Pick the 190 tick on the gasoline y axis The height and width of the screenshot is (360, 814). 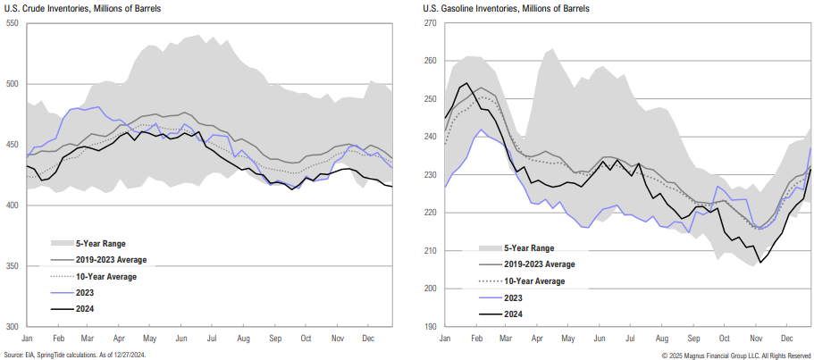click(x=429, y=327)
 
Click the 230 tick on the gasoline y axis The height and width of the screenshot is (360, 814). click(x=429, y=175)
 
